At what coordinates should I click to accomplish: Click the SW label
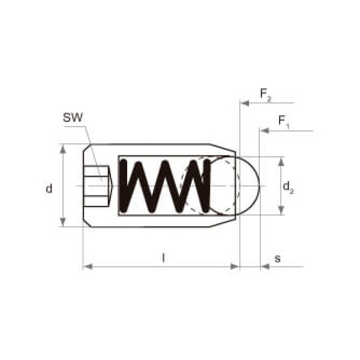73,118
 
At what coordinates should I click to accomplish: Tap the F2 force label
265,94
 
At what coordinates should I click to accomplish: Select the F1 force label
284,121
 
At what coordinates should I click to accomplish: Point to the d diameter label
49,188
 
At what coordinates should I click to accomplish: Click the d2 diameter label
288,187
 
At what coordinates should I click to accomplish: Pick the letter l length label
163,257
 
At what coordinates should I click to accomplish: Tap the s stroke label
278,259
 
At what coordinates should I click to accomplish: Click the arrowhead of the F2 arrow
244,103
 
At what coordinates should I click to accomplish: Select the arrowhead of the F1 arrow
264,131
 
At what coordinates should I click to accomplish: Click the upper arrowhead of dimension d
62,149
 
